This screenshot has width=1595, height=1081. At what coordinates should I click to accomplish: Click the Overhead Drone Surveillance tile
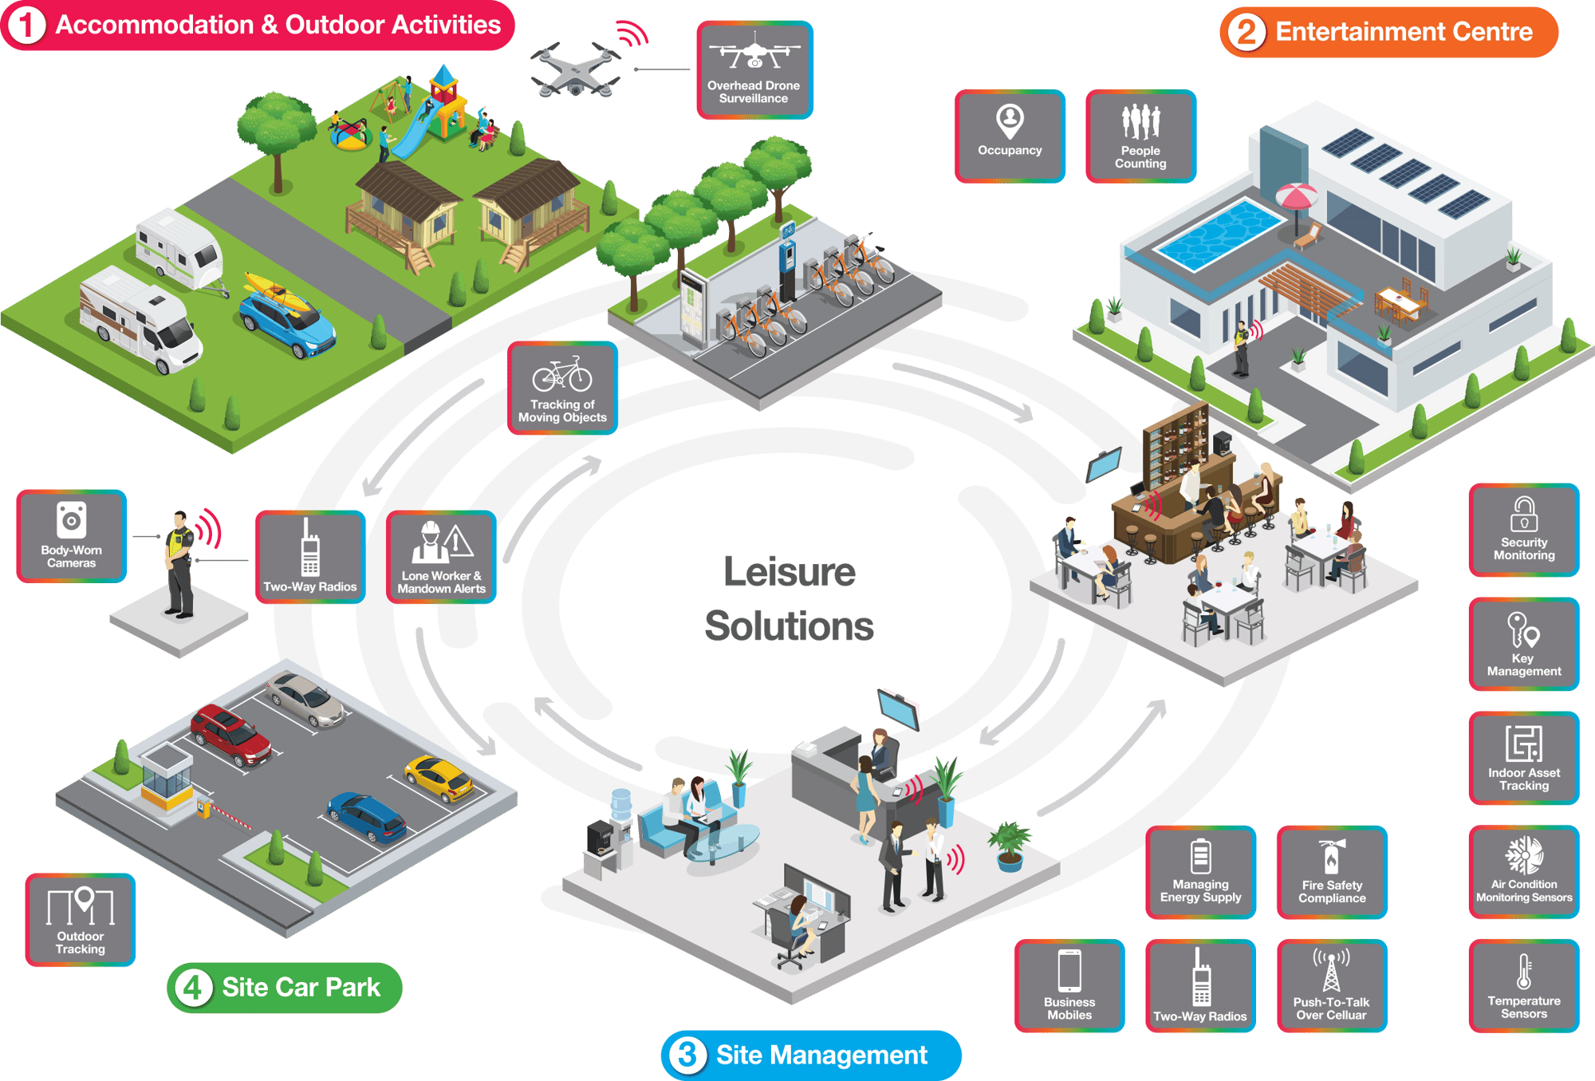click(754, 70)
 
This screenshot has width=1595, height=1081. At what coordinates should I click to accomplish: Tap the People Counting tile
click(1140, 136)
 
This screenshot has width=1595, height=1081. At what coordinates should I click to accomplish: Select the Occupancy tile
click(1010, 136)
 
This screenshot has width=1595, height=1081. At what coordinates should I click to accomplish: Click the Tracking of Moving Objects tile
click(562, 389)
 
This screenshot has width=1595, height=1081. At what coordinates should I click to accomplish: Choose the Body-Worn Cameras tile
click(71, 536)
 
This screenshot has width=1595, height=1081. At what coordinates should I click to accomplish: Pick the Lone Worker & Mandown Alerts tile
click(441, 557)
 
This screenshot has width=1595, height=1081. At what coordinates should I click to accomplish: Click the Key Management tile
click(1523, 644)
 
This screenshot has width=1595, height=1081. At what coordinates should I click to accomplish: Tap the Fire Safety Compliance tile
click(1332, 872)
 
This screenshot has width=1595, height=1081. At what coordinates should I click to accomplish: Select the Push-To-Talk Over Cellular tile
click(1332, 986)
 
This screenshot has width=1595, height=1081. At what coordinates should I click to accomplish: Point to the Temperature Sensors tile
click(1523, 986)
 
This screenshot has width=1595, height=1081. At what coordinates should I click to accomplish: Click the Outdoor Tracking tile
click(81, 920)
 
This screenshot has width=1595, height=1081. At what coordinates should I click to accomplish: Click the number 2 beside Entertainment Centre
click(1246, 33)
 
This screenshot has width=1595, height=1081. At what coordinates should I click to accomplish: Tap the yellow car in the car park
click(439, 778)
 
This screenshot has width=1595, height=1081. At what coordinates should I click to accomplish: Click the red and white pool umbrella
click(1296, 196)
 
